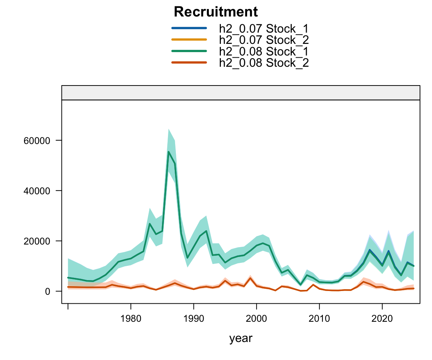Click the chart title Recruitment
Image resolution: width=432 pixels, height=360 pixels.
tap(216, 12)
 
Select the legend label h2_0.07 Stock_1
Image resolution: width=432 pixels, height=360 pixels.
tap(264, 28)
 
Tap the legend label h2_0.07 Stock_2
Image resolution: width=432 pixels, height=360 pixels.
tap(264, 39)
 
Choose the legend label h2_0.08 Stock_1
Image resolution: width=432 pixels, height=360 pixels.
tap(264, 51)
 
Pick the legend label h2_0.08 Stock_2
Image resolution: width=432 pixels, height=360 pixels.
tap(264, 63)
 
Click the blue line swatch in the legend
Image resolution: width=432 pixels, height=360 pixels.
tap(189, 28)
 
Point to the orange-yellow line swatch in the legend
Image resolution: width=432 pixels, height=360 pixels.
tap(189, 39)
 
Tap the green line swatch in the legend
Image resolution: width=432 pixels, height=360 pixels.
tap(189, 51)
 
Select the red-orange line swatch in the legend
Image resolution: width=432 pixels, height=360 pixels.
tap(189, 63)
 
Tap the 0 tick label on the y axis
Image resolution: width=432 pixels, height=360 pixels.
tap(47, 291)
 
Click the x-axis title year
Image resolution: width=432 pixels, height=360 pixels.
tap(241, 339)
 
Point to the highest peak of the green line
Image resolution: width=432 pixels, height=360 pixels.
tap(168, 151)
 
